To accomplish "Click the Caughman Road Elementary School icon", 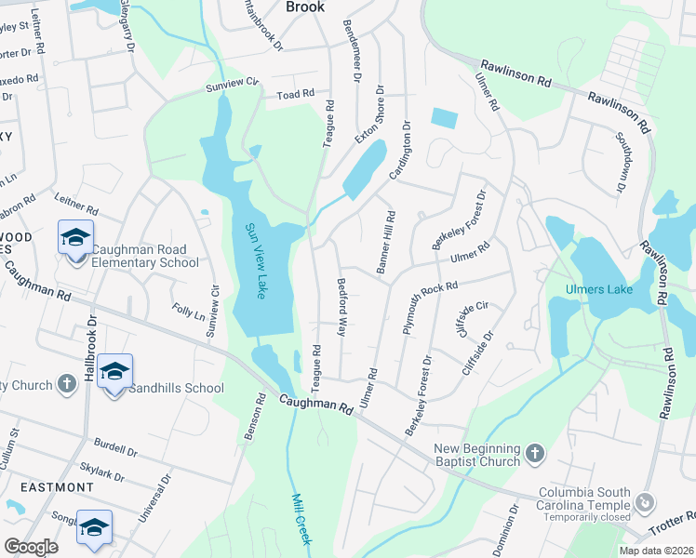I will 75,239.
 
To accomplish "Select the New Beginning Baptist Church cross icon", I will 534,453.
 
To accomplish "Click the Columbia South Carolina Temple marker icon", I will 645,504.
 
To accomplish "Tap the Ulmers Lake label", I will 599,289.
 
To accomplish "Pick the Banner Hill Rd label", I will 385,242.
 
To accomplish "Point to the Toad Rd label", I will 296,95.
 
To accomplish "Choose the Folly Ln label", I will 189,311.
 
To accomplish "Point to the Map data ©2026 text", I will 655,551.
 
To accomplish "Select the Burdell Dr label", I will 115,447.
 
